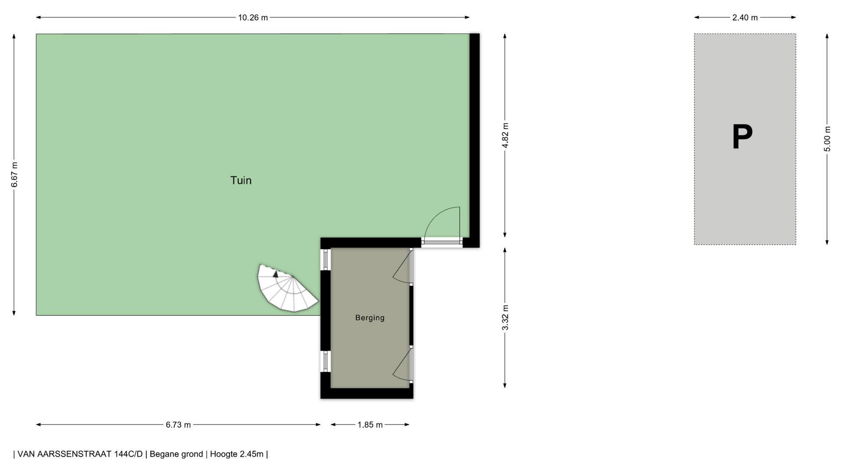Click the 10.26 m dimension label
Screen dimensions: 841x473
[253, 18]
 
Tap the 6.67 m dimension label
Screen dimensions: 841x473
[14, 175]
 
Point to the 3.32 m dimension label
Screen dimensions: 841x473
[505, 318]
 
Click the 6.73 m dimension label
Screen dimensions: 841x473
[178, 425]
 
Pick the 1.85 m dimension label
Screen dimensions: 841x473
[370, 425]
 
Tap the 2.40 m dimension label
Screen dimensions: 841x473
[745, 18]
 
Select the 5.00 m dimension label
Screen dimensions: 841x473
[827, 139]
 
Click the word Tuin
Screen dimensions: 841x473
[241, 180]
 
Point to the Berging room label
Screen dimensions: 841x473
[370, 318]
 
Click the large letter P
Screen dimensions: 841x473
[742, 137]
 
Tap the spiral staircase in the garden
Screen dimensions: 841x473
[287, 288]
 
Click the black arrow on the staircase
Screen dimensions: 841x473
[276, 274]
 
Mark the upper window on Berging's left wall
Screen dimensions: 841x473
[325, 260]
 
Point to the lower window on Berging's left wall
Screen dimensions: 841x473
[325, 362]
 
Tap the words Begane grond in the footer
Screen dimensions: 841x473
[176, 454]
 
